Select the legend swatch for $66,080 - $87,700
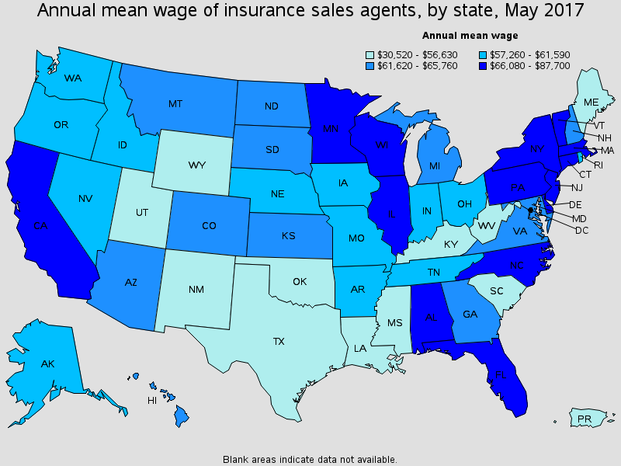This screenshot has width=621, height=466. [474, 66]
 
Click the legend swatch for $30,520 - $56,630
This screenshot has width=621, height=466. [370, 54]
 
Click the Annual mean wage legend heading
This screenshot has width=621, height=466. [470, 35]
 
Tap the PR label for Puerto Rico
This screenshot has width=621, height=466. [584, 420]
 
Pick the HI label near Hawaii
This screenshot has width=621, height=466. [152, 401]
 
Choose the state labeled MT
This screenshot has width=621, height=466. [175, 103]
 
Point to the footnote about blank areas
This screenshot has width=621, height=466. [310, 459]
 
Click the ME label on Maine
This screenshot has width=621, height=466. [591, 102]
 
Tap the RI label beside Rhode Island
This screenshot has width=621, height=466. [597, 165]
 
